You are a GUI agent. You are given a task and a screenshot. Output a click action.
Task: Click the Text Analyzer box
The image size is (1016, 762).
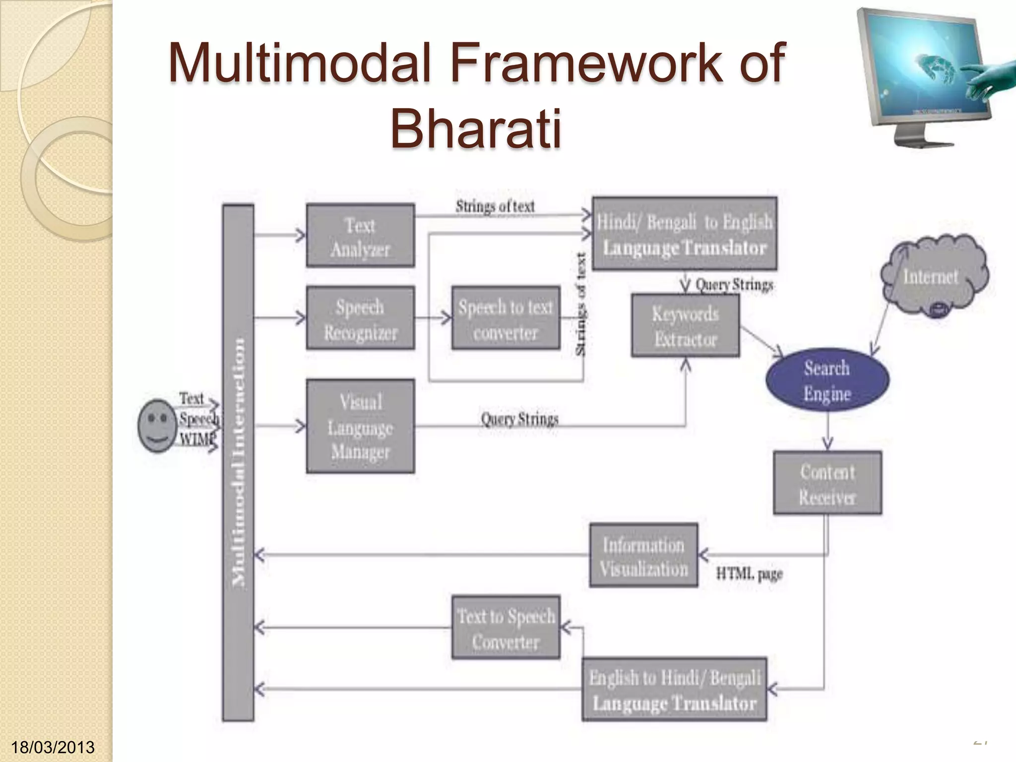coord(360,236)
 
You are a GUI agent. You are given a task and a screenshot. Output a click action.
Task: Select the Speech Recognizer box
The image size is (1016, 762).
coord(360,318)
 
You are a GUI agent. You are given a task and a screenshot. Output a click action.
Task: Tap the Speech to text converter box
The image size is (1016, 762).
coord(506,318)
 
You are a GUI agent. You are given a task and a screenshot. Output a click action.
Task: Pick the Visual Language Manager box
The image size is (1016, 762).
coord(360,426)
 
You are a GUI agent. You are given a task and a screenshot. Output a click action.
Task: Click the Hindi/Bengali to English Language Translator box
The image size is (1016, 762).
coord(684,234)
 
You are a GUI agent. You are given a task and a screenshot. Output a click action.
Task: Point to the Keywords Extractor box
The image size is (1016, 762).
coord(685,326)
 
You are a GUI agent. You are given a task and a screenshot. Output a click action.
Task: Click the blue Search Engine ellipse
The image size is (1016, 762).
coord(827,380)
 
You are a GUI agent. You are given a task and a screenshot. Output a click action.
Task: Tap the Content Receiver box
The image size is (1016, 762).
coord(827,483)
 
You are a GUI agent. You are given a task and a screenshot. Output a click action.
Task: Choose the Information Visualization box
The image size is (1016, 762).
coord(643,556)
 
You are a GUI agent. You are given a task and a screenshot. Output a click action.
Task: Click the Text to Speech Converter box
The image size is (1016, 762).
coord(506,628)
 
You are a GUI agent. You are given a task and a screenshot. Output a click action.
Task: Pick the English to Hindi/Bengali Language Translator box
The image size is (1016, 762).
coord(674,690)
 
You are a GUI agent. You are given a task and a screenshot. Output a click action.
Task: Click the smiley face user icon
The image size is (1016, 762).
coord(157,426)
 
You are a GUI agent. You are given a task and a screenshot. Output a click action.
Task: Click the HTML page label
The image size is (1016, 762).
coord(749,574)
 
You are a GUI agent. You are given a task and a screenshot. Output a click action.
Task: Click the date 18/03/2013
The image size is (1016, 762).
coord(53,747)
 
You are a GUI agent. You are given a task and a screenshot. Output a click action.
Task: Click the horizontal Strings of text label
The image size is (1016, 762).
coord(495,206)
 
